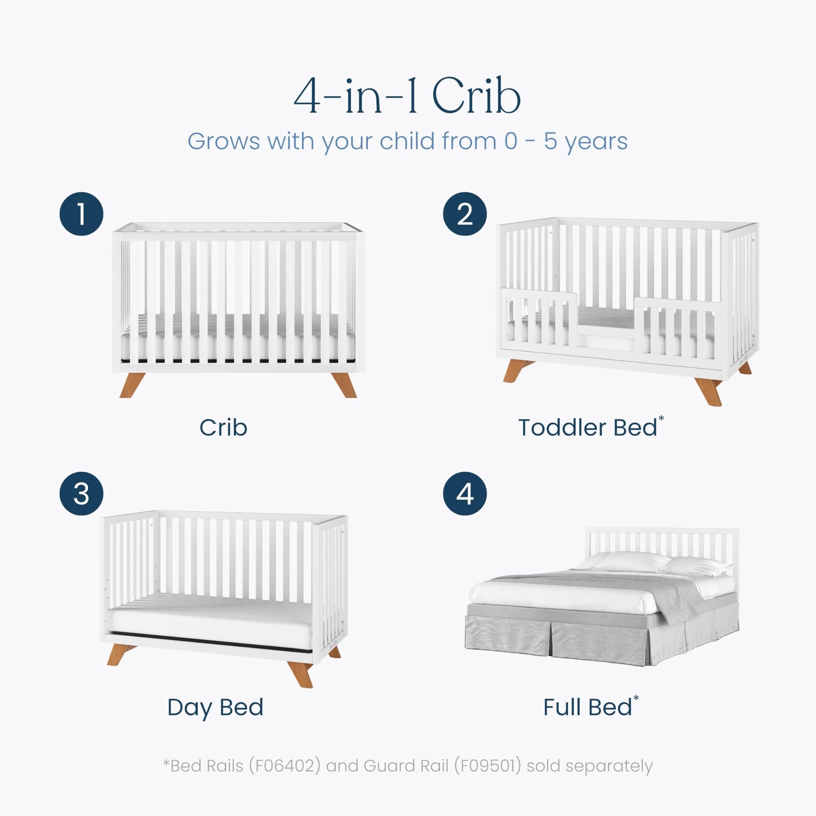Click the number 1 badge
(81, 214)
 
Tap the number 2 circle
(465, 214)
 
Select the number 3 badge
(81, 493)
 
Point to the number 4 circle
(465, 493)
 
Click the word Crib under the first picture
(223, 427)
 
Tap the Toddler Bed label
(587, 427)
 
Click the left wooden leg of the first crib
(132, 385)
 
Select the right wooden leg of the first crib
(344, 385)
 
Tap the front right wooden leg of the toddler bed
(709, 392)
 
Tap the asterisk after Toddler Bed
(661, 418)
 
